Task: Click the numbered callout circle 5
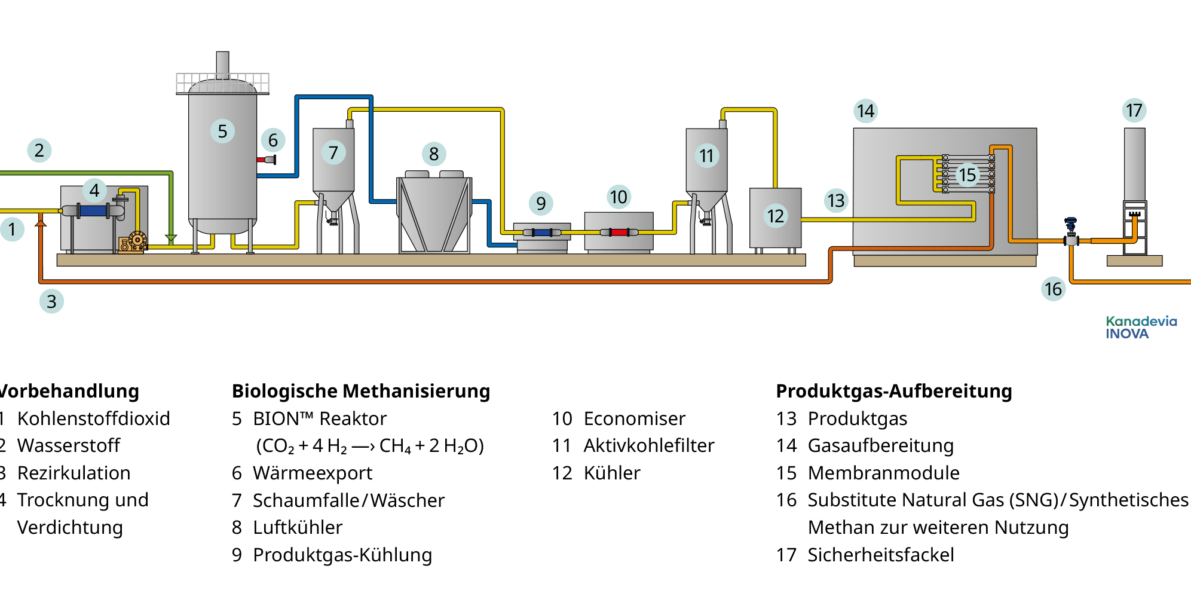point(222,131)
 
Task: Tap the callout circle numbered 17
point(1134,111)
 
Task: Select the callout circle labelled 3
point(51,301)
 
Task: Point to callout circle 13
point(836,200)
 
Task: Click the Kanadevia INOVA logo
point(1141,328)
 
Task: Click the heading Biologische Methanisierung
point(361,391)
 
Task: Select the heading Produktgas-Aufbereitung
point(893,391)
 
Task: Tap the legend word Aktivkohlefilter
point(648,445)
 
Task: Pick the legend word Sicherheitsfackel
point(880,555)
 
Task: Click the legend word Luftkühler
point(298,527)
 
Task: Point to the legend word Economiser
point(634,418)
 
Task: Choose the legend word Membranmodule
point(883,473)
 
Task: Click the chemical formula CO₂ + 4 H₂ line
point(369,446)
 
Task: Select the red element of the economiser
point(619,232)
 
